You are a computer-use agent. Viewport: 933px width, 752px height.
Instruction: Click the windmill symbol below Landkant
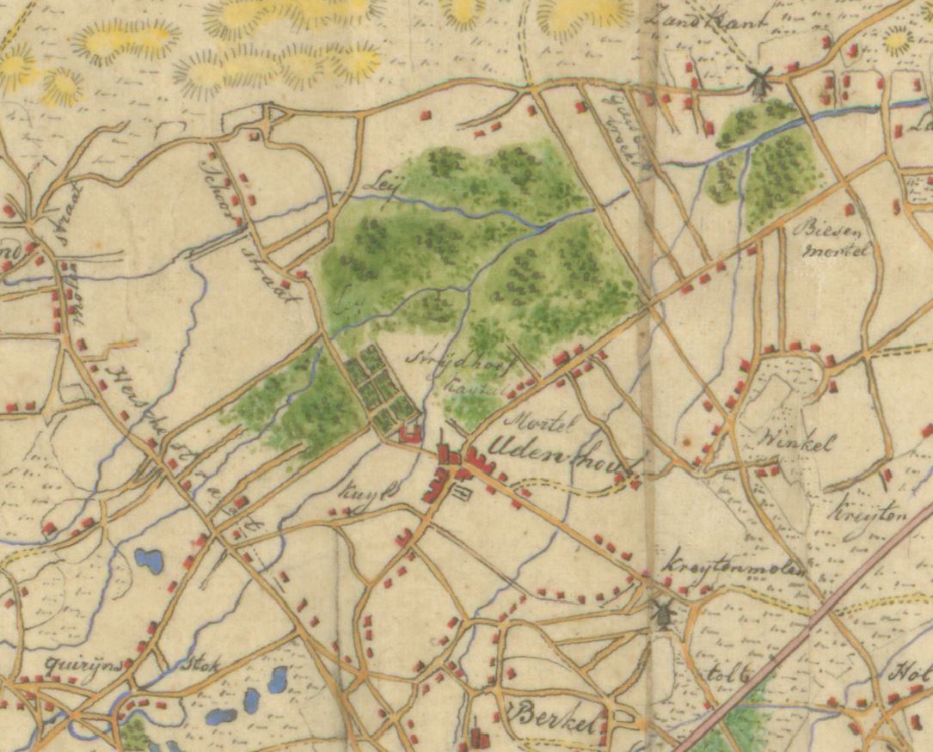point(758,82)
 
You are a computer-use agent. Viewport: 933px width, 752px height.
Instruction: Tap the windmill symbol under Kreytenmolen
point(662,612)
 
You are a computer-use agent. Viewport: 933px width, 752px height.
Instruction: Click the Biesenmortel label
point(836,240)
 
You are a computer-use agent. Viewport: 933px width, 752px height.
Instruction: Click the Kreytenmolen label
point(734,569)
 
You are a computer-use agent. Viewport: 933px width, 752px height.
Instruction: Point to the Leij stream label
point(377,184)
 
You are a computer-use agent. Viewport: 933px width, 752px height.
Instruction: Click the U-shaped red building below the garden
point(410,435)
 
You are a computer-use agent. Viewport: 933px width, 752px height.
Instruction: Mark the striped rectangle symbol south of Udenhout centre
point(464,492)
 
